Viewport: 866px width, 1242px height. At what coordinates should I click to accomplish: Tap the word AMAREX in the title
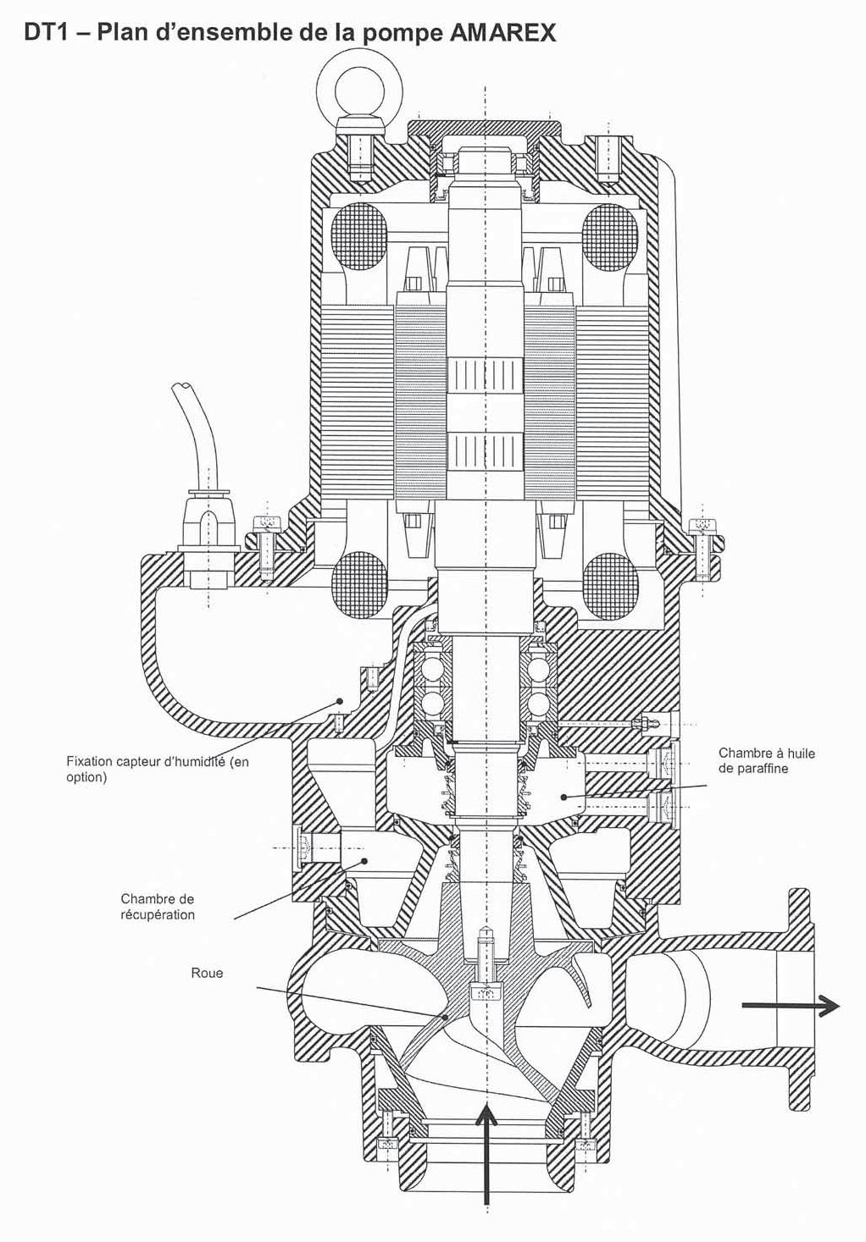point(502,33)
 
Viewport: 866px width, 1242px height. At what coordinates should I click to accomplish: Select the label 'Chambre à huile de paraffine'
point(767,760)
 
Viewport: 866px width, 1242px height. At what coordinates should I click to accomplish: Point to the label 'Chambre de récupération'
point(158,907)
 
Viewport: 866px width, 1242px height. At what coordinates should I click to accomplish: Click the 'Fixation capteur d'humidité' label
point(158,769)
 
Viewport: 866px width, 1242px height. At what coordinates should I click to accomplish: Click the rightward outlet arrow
point(790,1005)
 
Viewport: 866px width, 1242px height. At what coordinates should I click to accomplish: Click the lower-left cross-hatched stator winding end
point(357,582)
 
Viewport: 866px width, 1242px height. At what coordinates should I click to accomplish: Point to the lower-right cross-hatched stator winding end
point(610,582)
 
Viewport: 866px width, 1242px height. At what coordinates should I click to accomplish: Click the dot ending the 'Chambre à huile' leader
point(563,798)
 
